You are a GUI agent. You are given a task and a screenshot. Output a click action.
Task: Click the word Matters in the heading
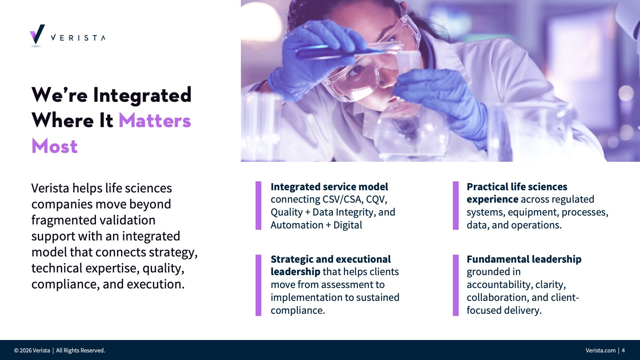[155, 120]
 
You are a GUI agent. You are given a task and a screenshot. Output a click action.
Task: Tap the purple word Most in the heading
[55, 146]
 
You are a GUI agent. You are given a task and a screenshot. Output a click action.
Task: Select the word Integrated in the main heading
[142, 95]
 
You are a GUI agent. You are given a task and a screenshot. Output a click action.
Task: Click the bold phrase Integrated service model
[329, 187]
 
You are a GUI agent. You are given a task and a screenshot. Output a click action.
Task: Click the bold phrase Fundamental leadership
[524, 259]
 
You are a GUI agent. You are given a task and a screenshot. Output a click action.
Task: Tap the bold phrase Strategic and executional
[331, 259]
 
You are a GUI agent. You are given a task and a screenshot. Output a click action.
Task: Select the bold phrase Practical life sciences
[517, 187]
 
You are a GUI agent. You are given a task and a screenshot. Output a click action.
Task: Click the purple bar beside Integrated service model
[258, 205]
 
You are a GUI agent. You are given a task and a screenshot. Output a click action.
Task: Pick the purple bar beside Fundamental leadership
[456, 285]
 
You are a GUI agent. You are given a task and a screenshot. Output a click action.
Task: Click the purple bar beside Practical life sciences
[456, 205]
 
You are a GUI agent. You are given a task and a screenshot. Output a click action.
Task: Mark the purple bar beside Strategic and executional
[258, 285]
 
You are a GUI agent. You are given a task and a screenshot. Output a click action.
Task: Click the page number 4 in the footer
[623, 350]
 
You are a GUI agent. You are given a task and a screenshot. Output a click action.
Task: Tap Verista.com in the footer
[600, 350]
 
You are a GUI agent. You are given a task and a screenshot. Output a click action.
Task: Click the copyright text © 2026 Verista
[32, 350]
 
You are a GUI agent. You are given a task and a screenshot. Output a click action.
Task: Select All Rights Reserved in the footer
[80, 350]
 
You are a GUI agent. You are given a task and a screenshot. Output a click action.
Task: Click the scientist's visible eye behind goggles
[357, 70]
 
